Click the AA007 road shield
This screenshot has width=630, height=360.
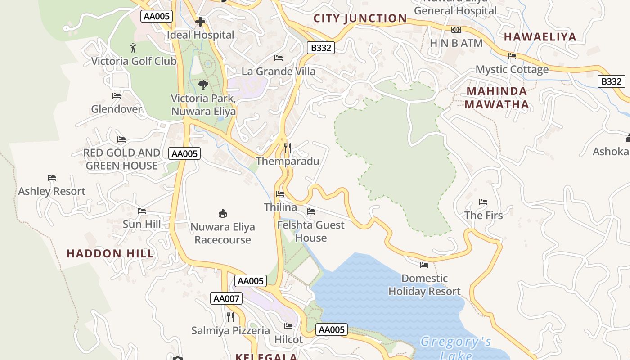click(226, 298)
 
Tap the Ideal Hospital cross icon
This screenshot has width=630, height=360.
click(200, 22)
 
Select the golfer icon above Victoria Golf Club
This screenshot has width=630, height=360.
click(133, 47)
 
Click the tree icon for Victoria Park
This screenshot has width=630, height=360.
click(203, 85)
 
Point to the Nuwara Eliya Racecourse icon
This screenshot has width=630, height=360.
click(222, 213)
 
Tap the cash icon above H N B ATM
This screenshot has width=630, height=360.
click(456, 30)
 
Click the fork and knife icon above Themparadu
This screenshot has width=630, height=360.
click(288, 148)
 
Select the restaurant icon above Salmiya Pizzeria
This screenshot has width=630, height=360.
click(230, 317)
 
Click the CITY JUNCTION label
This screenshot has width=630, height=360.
click(360, 18)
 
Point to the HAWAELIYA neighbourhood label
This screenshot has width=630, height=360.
click(540, 37)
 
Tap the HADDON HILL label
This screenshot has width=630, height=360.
click(110, 253)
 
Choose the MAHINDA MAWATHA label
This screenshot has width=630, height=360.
click(496, 98)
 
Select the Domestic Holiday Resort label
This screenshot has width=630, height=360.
click(424, 285)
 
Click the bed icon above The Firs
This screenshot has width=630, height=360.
click(483, 202)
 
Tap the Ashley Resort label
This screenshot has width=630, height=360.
click(52, 191)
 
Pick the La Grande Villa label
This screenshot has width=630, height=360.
click(279, 71)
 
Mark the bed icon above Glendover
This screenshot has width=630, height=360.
click(117, 96)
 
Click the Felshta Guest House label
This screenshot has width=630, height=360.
click(311, 231)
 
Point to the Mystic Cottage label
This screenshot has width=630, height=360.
click(512, 69)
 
